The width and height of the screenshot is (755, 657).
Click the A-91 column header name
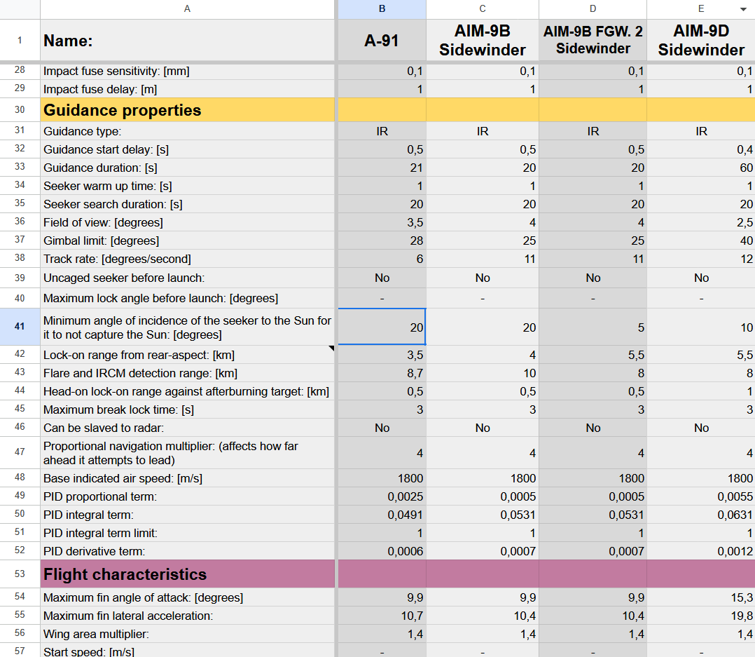click(382, 41)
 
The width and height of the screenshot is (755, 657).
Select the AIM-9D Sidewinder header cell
click(701, 41)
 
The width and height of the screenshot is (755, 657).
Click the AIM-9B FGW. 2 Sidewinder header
click(593, 40)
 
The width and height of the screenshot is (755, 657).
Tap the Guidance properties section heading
click(123, 110)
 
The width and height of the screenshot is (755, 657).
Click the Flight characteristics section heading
click(125, 574)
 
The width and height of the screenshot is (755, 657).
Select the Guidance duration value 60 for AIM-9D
click(747, 168)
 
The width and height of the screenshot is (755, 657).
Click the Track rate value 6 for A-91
click(420, 259)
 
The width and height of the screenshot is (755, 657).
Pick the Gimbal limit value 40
click(747, 241)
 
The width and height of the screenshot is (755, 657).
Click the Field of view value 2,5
click(745, 223)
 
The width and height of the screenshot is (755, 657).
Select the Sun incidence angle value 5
click(641, 327)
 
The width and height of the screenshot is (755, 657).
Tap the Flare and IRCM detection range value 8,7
click(415, 374)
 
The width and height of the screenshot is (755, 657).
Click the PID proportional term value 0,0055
click(735, 497)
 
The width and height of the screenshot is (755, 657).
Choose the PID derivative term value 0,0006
click(406, 551)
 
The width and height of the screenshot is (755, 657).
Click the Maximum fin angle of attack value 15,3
click(742, 598)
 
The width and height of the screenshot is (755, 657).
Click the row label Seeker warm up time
click(108, 186)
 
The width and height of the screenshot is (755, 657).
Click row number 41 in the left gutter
click(20, 326)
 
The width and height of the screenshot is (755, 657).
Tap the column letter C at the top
click(483, 8)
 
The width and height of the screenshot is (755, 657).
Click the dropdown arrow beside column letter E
click(744, 9)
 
